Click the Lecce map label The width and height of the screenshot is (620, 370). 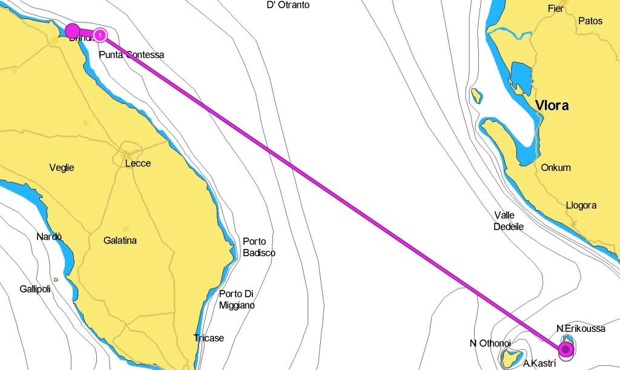(x=137, y=164)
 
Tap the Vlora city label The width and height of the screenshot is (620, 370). (x=552, y=106)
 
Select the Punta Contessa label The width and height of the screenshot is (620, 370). (x=131, y=55)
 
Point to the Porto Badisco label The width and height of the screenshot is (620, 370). (x=259, y=246)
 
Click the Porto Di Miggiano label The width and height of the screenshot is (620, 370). (x=237, y=299)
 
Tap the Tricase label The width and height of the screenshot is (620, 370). (x=208, y=338)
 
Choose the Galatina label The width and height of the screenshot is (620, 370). (x=120, y=240)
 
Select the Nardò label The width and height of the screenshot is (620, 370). (x=49, y=237)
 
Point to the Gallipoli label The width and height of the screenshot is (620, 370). (x=35, y=289)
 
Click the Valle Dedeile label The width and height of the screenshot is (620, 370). (x=509, y=220)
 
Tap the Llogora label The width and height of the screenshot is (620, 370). (x=581, y=205)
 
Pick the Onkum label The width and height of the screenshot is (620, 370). (x=556, y=168)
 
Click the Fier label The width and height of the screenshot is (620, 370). (x=555, y=8)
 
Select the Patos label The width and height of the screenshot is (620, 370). (x=590, y=21)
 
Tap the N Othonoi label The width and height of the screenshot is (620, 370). (x=490, y=343)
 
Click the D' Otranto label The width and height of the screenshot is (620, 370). (x=288, y=5)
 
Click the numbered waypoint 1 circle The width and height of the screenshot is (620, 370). (x=100, y=35)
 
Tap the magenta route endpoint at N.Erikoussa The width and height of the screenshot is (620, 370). (x=566, y=349)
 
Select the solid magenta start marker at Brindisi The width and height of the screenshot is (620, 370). (x=72, y=30)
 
